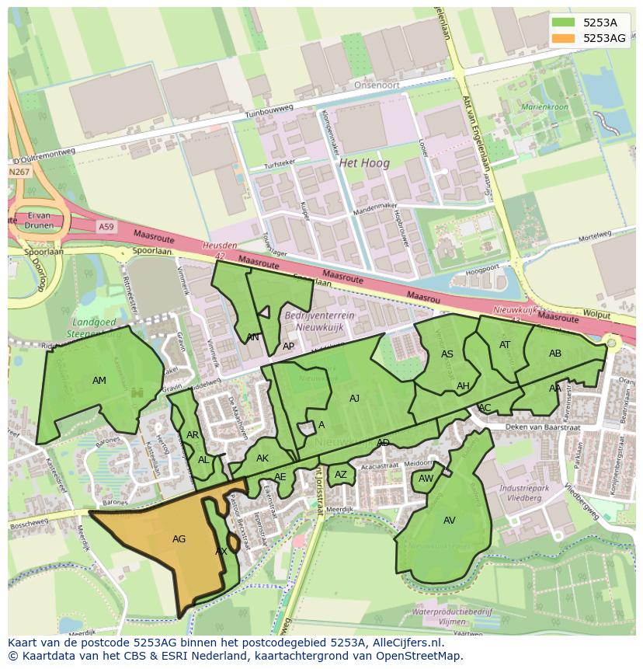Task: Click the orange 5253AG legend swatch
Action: [x=565, y=38]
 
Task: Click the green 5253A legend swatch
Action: [x=565, y=23]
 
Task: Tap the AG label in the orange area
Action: [x=179, y=538]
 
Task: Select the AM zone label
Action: [x=99, y=381]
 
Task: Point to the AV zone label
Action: [x=450, y=521]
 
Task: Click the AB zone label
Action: [x=555, y=354]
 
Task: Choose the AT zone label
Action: [x=505, y=345]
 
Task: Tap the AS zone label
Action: [x=447, y=354]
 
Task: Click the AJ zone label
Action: [x=354, y=399]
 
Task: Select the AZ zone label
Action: [x=341, y=475]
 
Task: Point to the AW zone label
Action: [x=426, y=479]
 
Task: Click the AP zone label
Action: [x=288, y=347]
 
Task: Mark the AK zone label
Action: [x=262, y=458]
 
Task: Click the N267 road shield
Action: [x=20, y=172]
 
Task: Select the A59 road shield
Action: [x=106, y=226]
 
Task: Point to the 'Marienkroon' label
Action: [x=544, y=106]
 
